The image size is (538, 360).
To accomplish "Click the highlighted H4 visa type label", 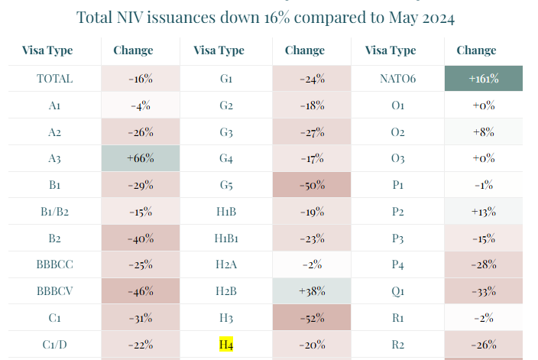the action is (x=226, y=344).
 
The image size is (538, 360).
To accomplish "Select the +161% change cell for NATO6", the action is (x=484, y=79).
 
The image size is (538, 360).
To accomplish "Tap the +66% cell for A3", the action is (x=141, y=158).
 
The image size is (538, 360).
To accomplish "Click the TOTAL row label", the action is (x=54, y=79).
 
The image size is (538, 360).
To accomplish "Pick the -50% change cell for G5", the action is (x=312, y=185).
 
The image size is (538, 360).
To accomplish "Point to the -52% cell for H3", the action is (x=312, y=318).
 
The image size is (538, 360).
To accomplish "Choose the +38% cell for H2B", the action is (x=312, y=291).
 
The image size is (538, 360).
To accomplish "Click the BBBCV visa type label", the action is (x=54, y=291).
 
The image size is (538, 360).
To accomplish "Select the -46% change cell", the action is (x=141, y=291).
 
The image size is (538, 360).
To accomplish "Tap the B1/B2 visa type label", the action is (x=54, y=212).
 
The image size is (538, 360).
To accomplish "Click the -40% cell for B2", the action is (x=141, y=238).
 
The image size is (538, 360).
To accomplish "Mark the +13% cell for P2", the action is (x=484, y=212).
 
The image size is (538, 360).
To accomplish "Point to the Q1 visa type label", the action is (x=397, y=291).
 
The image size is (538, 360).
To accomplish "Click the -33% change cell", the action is (x=484, y=291).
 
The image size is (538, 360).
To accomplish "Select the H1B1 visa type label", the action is (x=226, y=238).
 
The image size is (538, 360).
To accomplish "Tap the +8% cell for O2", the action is (x=484, y=131).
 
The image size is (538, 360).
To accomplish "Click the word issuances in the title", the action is (x=181, y=17).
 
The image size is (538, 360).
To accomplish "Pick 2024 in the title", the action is (x=439, y=18).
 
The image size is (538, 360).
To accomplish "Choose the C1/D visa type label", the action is (x=54, y=344).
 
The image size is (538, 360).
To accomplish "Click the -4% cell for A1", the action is (x=141, y=105).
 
